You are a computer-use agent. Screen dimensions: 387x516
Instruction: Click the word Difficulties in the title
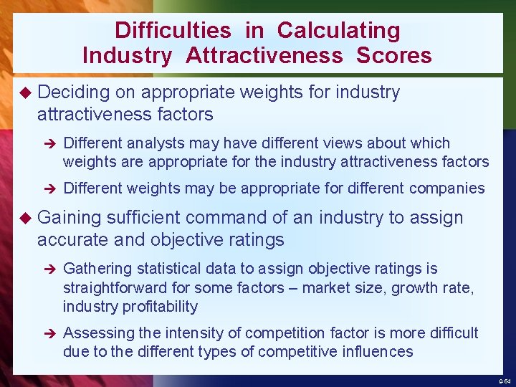tap(173, 30)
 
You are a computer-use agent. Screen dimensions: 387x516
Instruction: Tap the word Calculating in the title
tap(339, 30)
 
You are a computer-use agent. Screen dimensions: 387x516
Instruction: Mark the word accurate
tap(70, 239)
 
